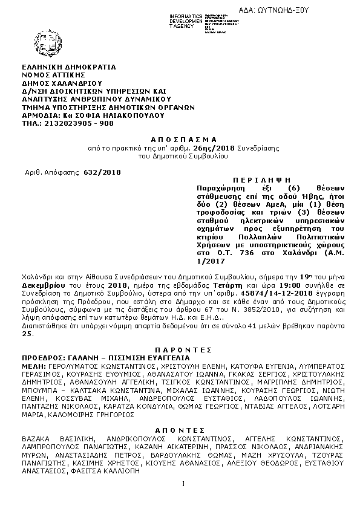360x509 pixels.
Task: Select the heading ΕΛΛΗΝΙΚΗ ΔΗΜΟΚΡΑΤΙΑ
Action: coord(68,67)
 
